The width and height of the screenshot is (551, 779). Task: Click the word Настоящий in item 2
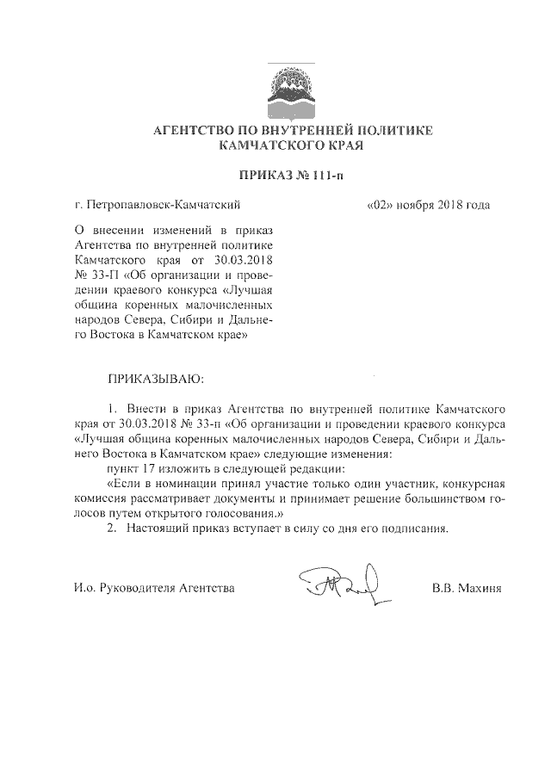(158, 528)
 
